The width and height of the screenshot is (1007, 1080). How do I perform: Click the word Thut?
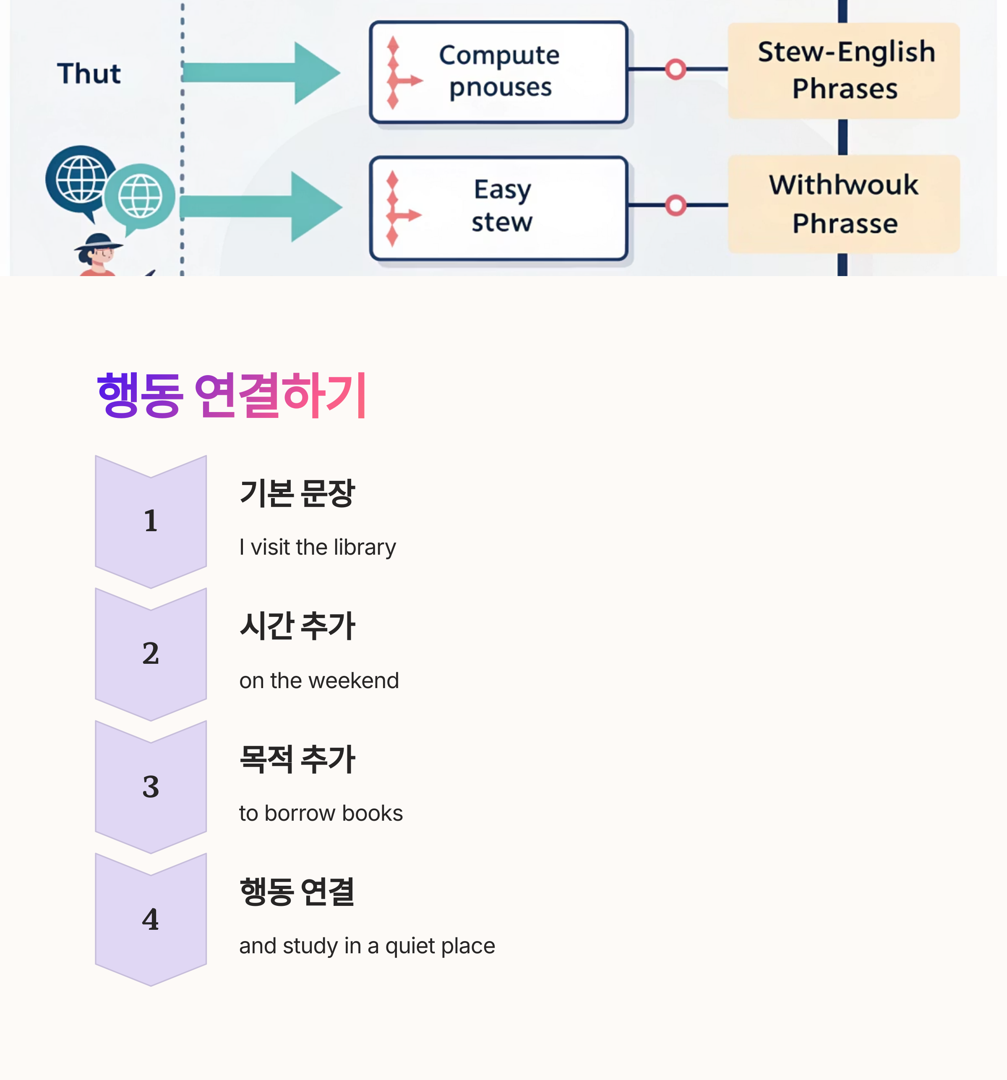tap(89, 73)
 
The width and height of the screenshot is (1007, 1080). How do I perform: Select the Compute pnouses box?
tap(498, 72)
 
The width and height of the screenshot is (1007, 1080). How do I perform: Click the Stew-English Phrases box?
tap(843, 70)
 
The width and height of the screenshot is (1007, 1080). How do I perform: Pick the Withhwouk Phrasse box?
tap(843, 204)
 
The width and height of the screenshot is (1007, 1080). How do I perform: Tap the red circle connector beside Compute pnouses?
tap(675, 69)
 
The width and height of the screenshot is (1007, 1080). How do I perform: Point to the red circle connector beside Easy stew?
tap(675, 205)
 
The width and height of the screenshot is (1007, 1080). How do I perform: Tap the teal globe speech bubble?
tap(140, 197)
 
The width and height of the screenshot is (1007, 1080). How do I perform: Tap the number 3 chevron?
tap(151, 787)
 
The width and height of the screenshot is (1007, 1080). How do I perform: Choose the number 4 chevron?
tap(151, 919)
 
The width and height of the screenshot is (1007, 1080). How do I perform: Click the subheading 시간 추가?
tap(297, 626)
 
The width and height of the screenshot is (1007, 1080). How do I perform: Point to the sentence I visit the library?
tap(317, 547)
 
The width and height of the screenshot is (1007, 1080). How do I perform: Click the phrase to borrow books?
tap(321, 813)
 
